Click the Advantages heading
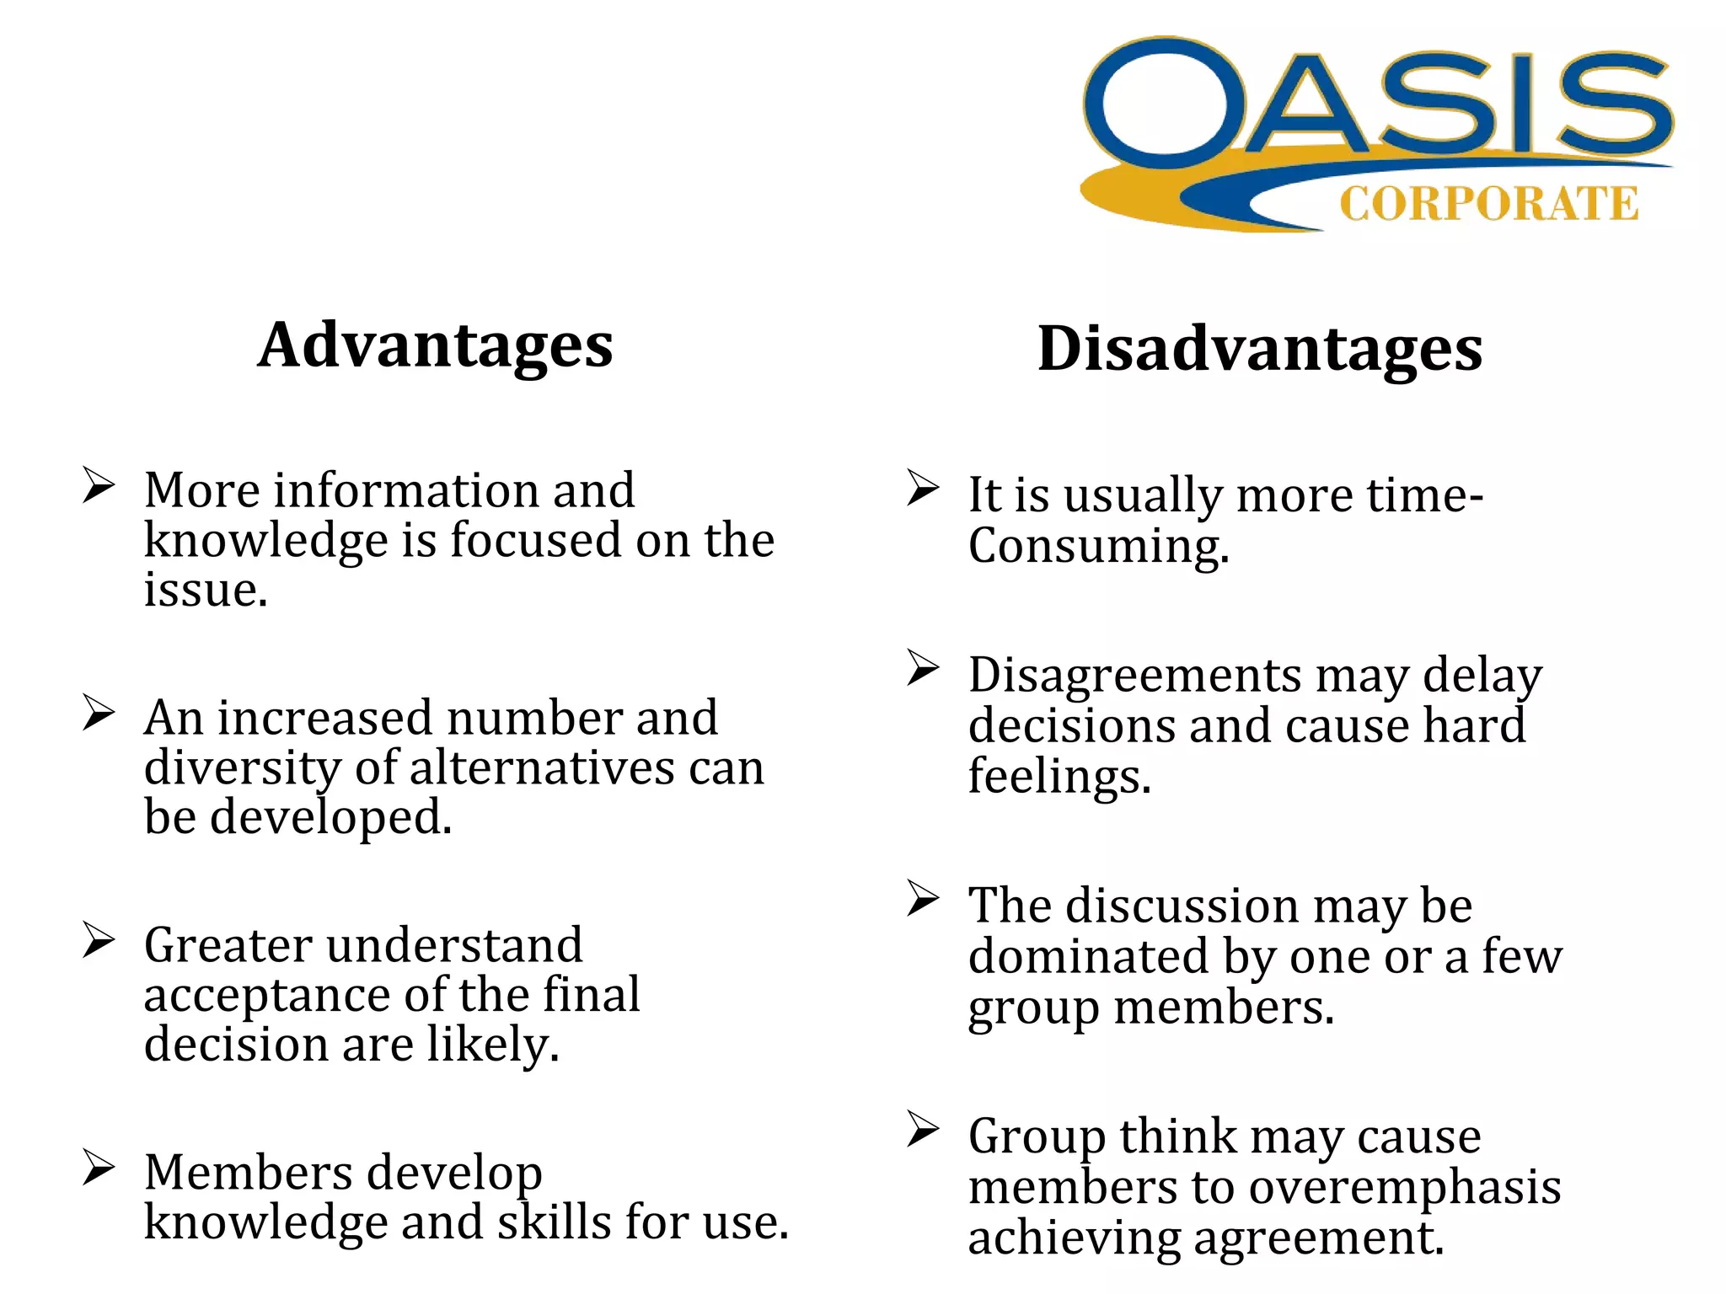435,345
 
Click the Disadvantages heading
1260,349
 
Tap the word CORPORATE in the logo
1488,204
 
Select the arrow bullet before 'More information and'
98,485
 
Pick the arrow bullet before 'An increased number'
98,713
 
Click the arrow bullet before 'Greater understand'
98,940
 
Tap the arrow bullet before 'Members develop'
98,1168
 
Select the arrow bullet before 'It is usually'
923,489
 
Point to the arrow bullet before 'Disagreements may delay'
923,669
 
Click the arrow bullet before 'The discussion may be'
923,898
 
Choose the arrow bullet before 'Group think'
923,1130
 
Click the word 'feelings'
1059,776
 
